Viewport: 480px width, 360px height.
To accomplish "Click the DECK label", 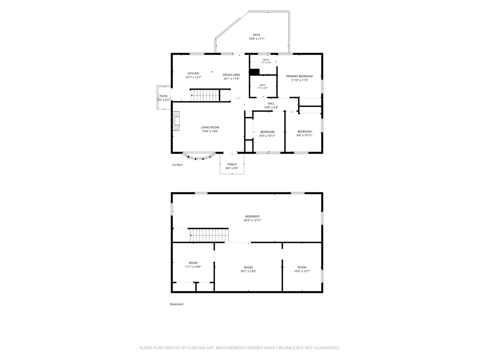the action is (257, 35).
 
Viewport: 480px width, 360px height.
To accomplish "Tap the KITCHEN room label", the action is (193, 73).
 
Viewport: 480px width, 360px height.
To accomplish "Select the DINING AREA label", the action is (231, 75).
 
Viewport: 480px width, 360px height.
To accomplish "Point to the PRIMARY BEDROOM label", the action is (299, 76).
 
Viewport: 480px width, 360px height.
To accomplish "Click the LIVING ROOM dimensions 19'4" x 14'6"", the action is (210, 131).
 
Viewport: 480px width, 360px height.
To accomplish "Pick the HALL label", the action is (271, 104).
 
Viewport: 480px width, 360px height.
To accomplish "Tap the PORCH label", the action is (232, 164).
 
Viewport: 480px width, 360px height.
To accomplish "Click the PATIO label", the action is (163, 96).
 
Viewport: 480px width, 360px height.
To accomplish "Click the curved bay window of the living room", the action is (199, 158).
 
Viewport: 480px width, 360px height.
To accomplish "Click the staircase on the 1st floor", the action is (205, 95).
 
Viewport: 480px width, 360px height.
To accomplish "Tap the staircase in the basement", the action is (209, 235).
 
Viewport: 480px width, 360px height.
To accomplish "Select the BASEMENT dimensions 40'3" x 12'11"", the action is (253, 220).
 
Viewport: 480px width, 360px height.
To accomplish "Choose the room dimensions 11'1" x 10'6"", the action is (193, 267).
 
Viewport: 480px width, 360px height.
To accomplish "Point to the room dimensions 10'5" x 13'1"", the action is (302, 271).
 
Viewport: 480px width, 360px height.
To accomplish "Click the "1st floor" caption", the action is (177, 165).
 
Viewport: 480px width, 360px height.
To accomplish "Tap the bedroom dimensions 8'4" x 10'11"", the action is (267, 136).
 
